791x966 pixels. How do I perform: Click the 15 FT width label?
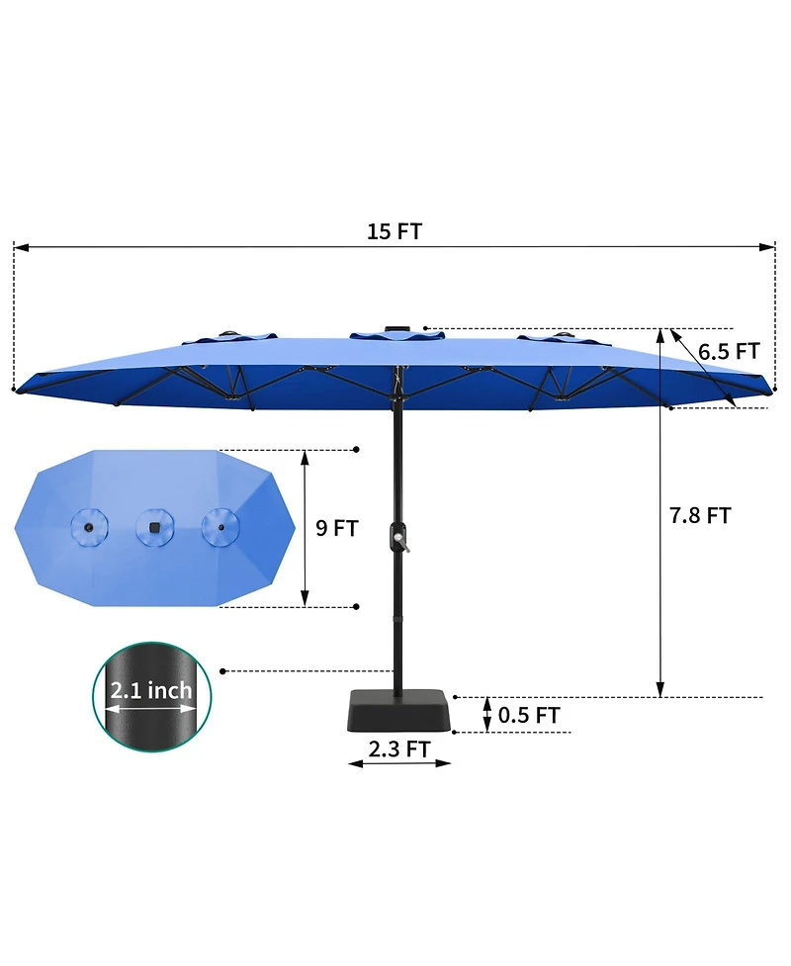click(x=395, y=232)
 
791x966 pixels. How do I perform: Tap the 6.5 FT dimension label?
click(x=728, y=351)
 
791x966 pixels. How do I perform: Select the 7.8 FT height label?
click(x=699, y=515)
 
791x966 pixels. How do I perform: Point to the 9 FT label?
click(x=336, y=528)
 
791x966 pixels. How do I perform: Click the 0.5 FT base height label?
click(x=529, y=715)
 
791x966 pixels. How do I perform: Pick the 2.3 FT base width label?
click(x=399, y=748)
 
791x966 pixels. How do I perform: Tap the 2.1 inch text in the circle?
click(x=150, y=689)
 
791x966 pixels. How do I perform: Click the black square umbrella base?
click(x=399, y=711)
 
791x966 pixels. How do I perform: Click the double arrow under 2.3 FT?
click(x=399, y=764)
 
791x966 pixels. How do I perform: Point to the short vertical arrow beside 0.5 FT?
click(x=486, y=715)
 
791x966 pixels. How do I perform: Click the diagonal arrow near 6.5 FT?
click(x=704, y=368)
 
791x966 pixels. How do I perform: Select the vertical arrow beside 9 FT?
click(x=306, y=528)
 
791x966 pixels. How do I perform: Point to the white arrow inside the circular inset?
click(x=150, y=708)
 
